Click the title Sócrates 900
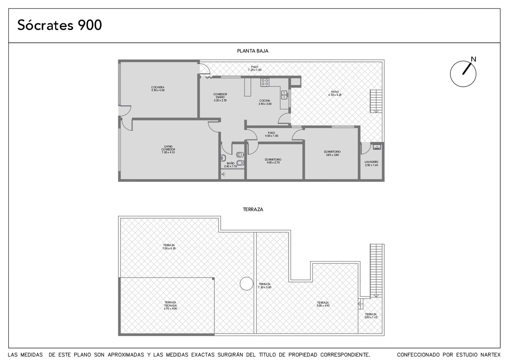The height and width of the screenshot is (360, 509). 60,25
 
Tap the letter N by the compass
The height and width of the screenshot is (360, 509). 473,59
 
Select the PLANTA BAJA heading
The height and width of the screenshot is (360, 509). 253,51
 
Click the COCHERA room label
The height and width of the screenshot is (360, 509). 158,89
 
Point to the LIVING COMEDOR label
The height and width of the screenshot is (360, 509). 168,149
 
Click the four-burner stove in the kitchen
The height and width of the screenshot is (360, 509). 265,82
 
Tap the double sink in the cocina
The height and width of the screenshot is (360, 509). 284,95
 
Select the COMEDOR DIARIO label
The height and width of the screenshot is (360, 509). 220,97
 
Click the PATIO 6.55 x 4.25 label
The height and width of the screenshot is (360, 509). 335,93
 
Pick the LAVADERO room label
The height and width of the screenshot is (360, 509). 371,164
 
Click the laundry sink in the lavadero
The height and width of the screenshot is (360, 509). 376,147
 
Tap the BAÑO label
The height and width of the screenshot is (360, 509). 231,165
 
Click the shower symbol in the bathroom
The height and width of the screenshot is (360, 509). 224,175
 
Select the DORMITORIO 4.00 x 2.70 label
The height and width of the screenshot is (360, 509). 273,161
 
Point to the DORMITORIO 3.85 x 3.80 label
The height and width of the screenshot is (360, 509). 332,153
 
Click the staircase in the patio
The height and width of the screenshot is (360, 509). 376,101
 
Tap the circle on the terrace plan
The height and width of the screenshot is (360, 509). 247,284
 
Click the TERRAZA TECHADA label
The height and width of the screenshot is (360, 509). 171,305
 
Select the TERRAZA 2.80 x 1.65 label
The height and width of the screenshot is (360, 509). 371,316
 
